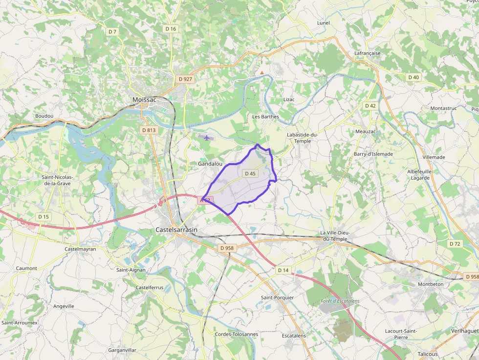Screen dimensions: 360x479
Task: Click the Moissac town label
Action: (x=144, y=100)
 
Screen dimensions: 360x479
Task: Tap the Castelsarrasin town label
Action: (x=176, y=229)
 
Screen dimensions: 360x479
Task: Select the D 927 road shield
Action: (x=185, y=79)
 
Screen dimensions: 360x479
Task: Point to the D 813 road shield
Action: (x=148, y=130)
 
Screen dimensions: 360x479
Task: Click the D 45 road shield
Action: (x=249, y=173)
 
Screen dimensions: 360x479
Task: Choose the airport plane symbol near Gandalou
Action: (x=207, y=138)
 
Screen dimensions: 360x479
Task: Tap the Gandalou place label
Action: (x=210, y=164)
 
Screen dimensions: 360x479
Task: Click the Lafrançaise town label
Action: (x=367, y=53)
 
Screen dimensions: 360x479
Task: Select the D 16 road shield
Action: (x=171, y=29)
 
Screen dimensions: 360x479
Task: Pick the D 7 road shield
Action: (x=112, y=32)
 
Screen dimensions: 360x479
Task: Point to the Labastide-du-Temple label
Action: (x=303, y=138)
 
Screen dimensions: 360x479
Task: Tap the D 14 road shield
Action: (x=283, y=270)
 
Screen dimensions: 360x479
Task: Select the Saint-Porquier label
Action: (x=277, y=297)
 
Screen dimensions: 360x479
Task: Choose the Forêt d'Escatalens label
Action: (x=340, y=301)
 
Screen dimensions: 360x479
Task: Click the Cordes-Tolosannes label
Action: (x=236, y=334)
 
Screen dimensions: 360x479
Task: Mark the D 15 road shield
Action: (x=44, y=216)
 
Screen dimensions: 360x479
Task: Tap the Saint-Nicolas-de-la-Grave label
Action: (x=57, y=180)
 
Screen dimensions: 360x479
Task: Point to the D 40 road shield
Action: (x=414, y=77)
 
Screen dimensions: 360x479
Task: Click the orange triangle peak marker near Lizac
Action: (x=262, y=73)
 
